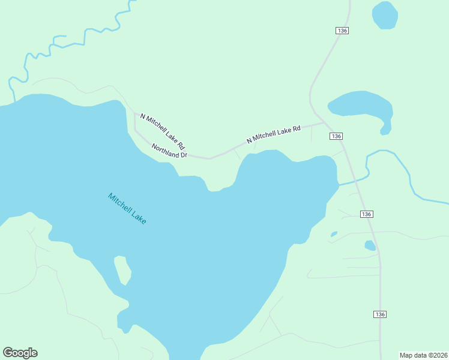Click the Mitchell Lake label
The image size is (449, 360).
click(127, 208)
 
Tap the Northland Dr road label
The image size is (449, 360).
click(169, 151)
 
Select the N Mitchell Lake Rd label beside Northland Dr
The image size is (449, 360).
click(162, 131)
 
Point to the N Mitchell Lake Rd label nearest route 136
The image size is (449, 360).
click(273, 134)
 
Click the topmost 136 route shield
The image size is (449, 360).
click(342, 31)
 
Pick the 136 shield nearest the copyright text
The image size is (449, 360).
click(379, 314)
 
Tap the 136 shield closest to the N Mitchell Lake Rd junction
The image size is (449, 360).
click(336, 137)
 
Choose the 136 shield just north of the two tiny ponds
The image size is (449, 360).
click(367, 214)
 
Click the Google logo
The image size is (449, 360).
click(20, 353)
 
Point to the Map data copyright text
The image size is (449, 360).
click(423, 355)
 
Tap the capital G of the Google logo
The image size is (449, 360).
click(8, 353)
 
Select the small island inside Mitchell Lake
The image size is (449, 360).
click(122, 269)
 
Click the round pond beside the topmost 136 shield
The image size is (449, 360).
click(385, 15)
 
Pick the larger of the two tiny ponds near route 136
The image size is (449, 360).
click(370, 245)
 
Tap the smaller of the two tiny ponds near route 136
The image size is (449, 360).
click(334, 234)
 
